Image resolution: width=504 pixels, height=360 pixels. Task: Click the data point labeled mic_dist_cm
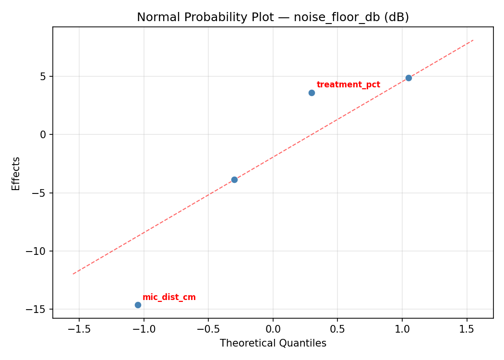(x=138, y=305)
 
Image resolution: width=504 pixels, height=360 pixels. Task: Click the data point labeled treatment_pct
(x=312, y=93)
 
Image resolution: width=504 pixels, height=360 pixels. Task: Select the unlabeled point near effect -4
(x=234, y=180)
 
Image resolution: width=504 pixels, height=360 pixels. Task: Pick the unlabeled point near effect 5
(x=408, y=78)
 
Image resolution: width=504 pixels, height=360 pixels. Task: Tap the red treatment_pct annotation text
(x=348, y=85)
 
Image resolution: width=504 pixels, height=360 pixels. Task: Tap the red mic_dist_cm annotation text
(x=169, y=297)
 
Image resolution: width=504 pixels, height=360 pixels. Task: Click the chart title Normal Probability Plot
(x=273, y=17)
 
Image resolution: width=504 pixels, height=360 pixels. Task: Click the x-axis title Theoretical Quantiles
(x=273, y=343)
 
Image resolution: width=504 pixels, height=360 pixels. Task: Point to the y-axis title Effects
(x=16, y=173)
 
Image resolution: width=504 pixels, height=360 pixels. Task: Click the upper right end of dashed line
(x=473, y=40)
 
